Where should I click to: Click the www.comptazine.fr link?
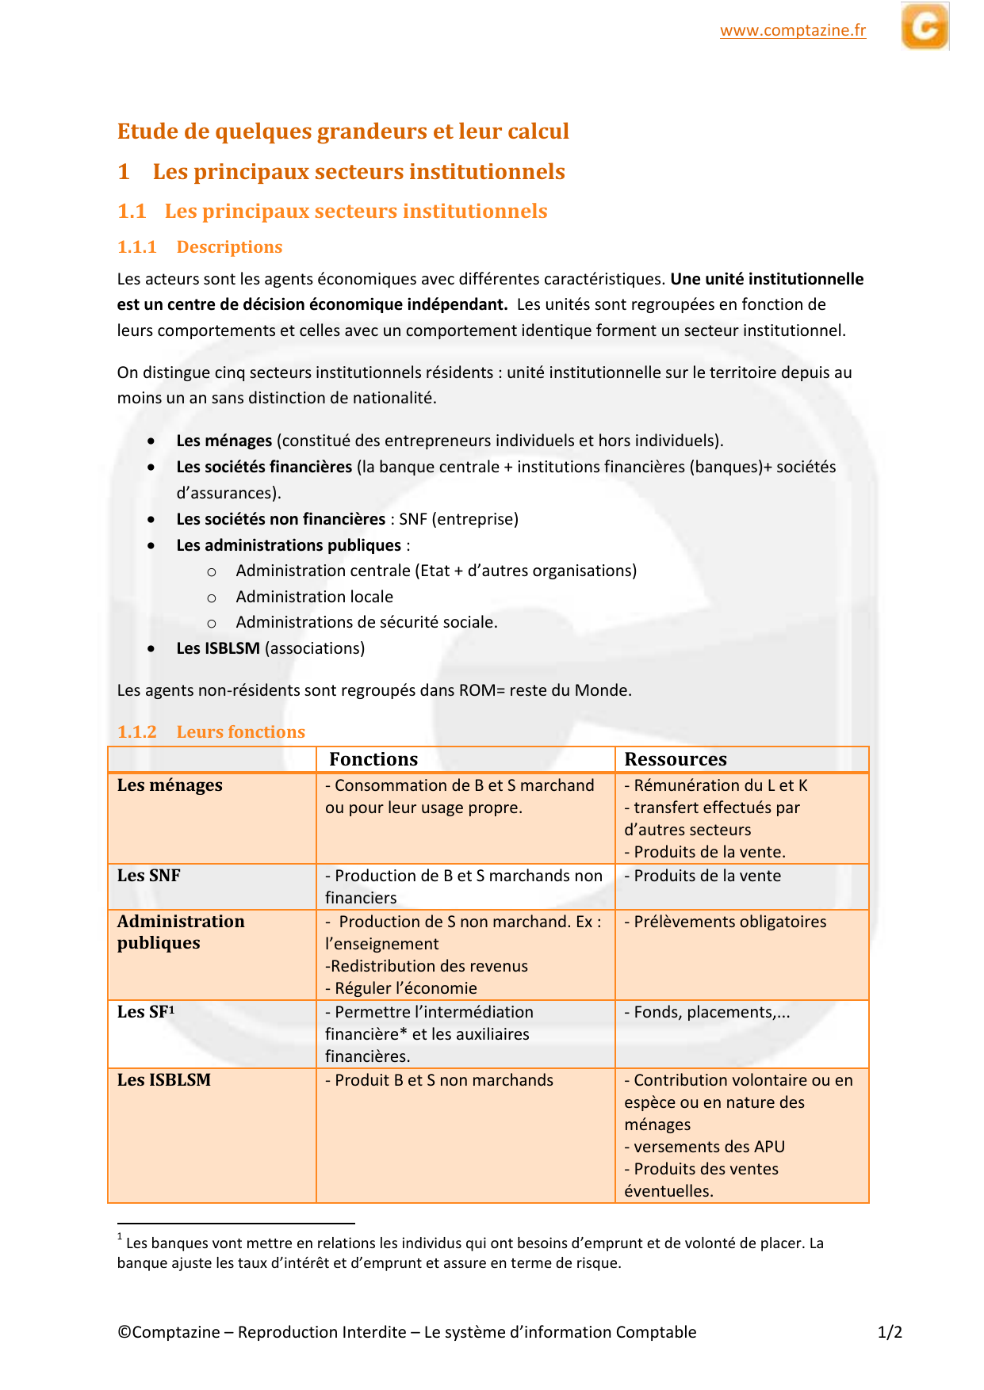pyautogui.click(x=792, y=31)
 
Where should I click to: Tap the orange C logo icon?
pyautogui.click(x=925, y=27)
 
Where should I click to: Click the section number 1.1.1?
pyautogui.click(x=137, y=247)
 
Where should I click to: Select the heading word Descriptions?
pyautogui.click(x=229, y=247)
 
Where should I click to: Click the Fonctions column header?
pyautogui.click(x=373, y=759)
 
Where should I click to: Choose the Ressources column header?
pyautogui.click(x=675, y=759)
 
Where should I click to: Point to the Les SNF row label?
pyautogui.click(x=149, y=876)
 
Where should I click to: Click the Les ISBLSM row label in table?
pyautogui.click(x=164, y=1080)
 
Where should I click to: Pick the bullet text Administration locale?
pyautogui.click(x=314, y=597)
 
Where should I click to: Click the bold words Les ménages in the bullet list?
pyautogui.click(x=224, y=441)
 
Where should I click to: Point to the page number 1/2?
pyautogui.click(x=890, y=1332)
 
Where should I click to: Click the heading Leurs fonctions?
pyautogui.click(x=240, y=732)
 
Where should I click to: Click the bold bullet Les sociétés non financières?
pyautogui.click(x=281, y=519)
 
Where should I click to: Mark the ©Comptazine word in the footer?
pyautogui.click(x=169, y=1332)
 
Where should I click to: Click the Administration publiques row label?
pyautogui.click(x=181, y=932)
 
